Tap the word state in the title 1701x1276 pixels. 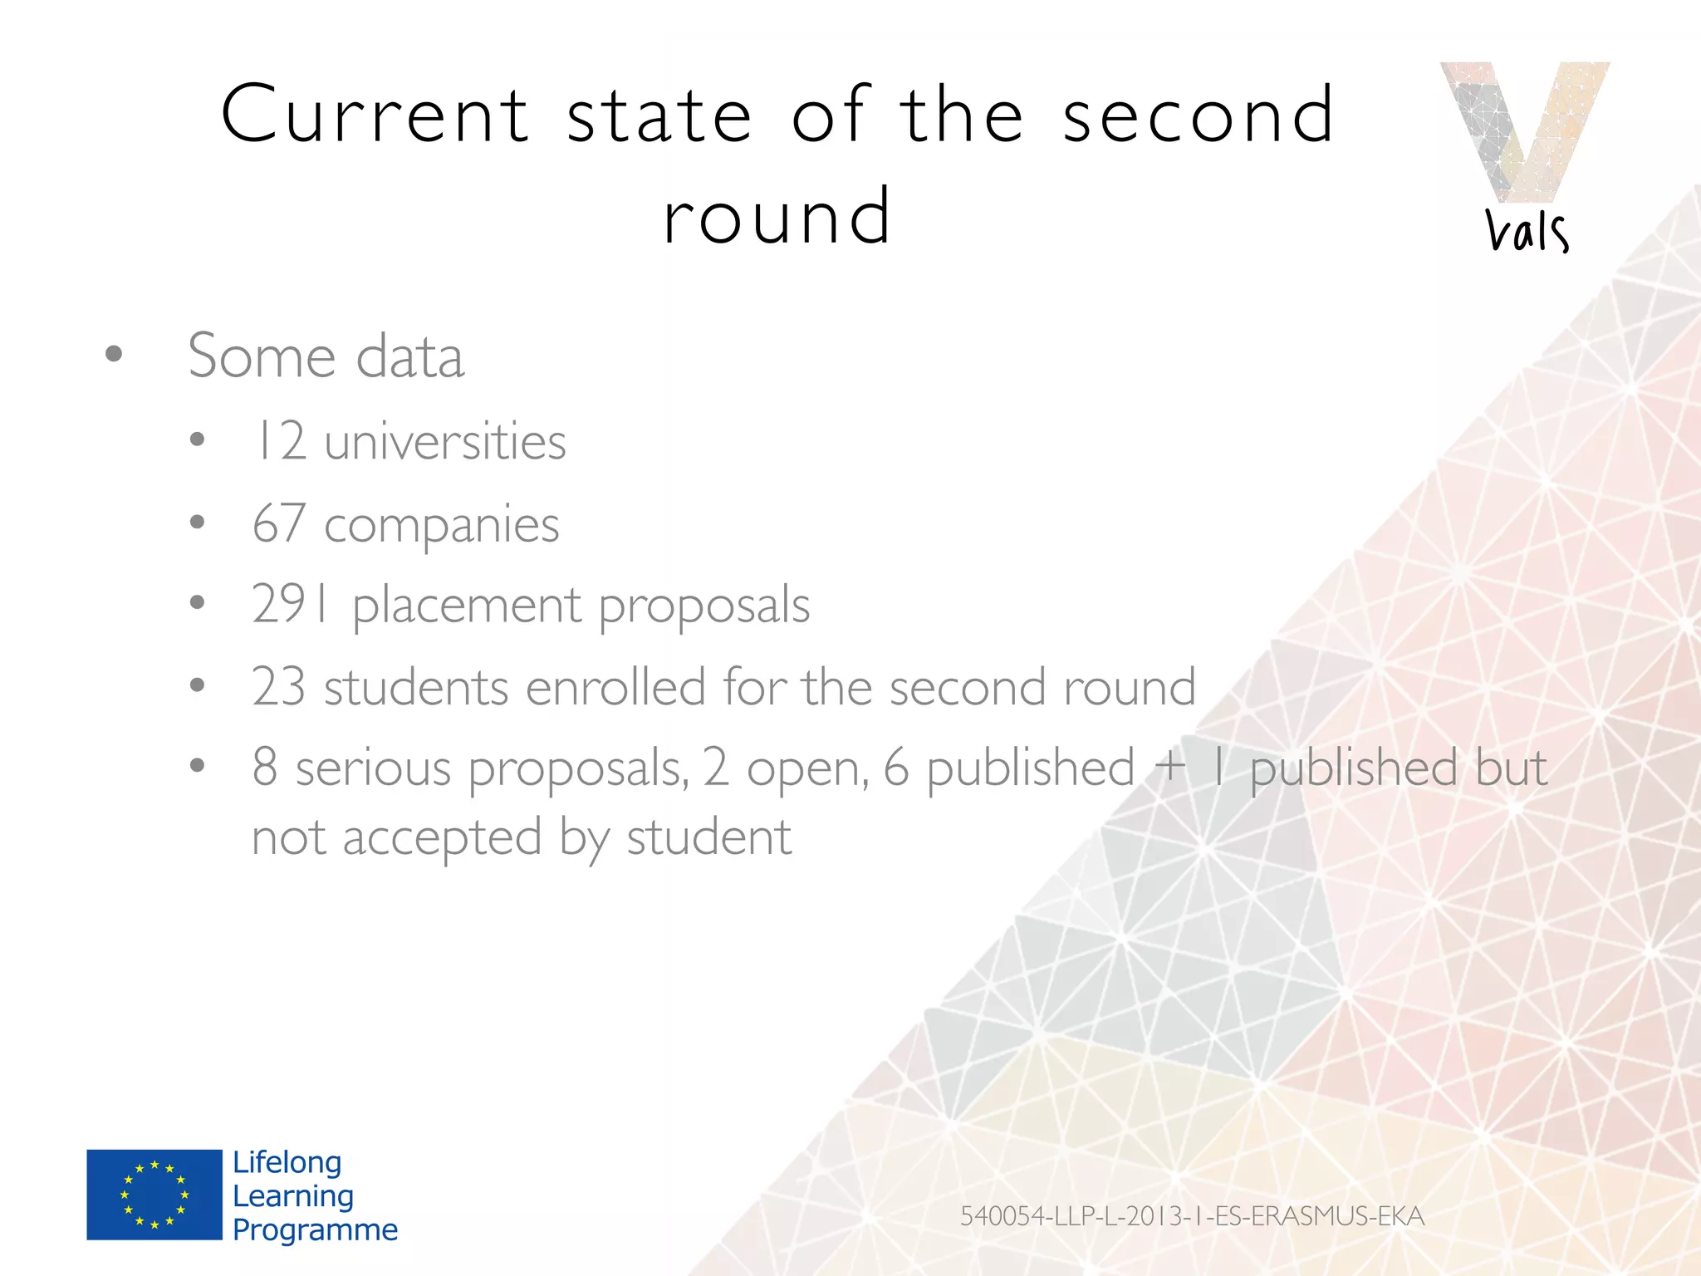click(x=659, y=116)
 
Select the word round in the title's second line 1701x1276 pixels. click(x=777, y=218)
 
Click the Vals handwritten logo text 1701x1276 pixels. click(x=1527, y=232)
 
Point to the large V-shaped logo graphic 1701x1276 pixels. click(x=1525, y=129)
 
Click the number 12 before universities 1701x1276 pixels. click(x=279, y=440)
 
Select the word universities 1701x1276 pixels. click(x=445, y=440)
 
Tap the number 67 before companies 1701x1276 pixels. click(x=279, y=523)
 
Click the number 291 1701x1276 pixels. click(x=291, y=604)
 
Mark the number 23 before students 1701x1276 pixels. click(x=279, y=687)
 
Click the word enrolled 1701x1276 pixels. click(x=615, y=687)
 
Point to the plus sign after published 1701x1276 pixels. click(x=1170, y=766)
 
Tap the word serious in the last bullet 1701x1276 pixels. click(x=373, y=768)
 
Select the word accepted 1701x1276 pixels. click(x=442, y=837)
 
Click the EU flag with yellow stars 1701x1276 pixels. click(x=154, y=1195)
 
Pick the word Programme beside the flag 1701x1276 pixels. click(x=316, y=1229)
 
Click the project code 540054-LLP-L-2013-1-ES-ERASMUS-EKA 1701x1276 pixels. click(x=1192, y=1216)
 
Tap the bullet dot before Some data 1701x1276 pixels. click(x=114, y=355)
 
